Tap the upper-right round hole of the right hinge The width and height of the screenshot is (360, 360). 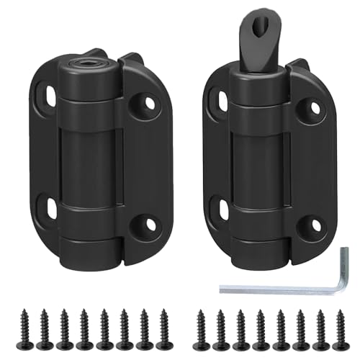(315, 107)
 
